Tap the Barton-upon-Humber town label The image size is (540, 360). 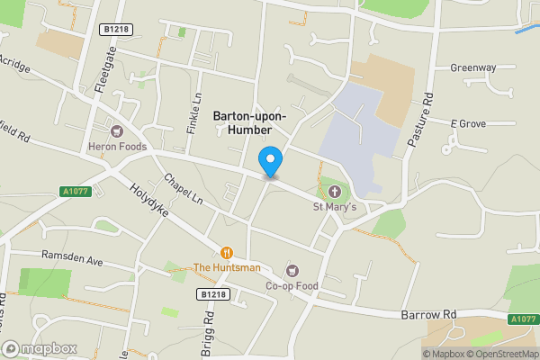pos(250,123)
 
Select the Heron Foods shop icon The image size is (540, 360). pos(117,130)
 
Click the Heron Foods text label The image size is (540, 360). pos(117,147)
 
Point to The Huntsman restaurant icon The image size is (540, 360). pos(227,253)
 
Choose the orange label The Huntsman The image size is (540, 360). pos(227,267)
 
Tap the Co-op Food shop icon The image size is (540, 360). pos(292,271)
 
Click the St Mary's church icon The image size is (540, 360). pos(335,192)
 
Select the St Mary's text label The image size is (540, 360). pos(335,208)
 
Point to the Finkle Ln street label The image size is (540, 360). pos(193,113)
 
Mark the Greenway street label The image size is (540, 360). pos(473,67)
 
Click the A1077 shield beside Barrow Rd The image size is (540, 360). pos(523,319)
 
